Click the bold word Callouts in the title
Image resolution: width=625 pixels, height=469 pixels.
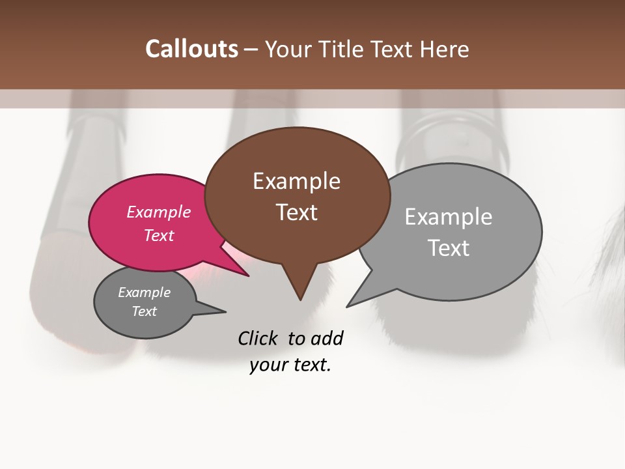191,49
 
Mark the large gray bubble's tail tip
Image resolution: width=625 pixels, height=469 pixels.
348,306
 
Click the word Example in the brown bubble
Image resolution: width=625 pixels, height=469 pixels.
296,181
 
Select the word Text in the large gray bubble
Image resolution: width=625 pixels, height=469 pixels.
449,248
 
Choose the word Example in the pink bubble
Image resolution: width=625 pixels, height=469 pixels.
159,212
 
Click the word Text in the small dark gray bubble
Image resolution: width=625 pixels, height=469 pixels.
145,311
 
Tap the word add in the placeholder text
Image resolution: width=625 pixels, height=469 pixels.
327,338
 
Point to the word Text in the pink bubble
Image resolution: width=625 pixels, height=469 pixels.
159,235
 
